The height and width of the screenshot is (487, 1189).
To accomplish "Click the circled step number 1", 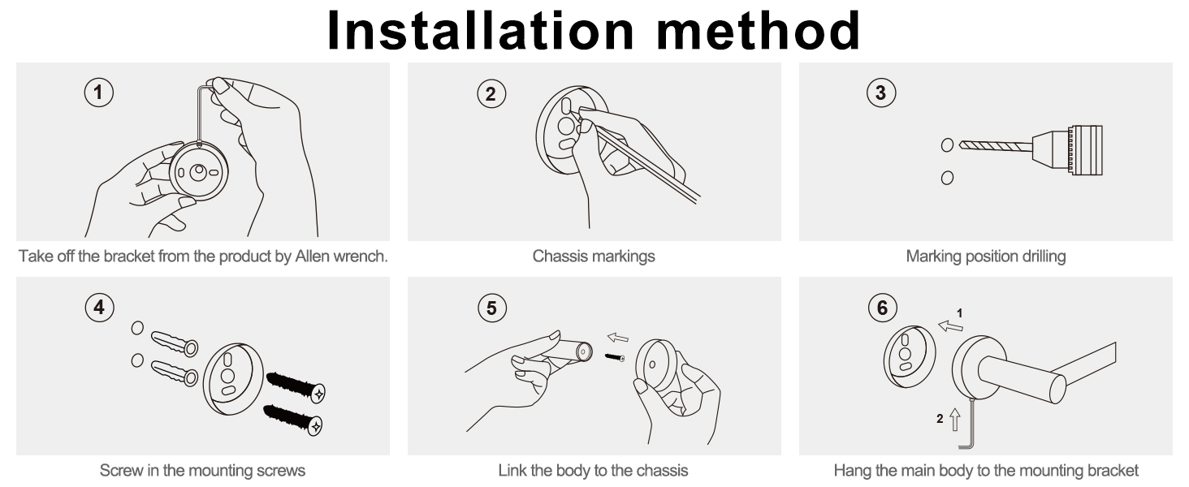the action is [x=99, y=93].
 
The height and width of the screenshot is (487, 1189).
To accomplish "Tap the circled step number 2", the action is [x=491, y=94].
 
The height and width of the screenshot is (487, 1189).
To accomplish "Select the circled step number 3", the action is [x=881, y=93].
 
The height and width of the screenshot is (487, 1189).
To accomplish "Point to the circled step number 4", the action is [x=99, y=307].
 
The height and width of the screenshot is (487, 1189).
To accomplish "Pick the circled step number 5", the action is [x=492, y=308].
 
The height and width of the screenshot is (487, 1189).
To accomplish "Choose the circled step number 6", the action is [x=883, y=307].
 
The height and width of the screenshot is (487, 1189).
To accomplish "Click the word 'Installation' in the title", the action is [x=481, y=30].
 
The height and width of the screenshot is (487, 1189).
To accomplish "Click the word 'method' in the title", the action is [x=758, y=30].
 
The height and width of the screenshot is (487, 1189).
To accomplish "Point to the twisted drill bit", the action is [x=996, y=146].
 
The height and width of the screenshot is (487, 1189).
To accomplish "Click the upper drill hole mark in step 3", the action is [x=947, y=144].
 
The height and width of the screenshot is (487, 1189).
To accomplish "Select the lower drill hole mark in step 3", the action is [x=947, y=178].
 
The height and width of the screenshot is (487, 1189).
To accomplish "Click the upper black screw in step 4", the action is [x=296, y=386].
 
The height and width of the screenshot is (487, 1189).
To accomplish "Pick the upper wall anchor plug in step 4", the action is [x=175, y=343].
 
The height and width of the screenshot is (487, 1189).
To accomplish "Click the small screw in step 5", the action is [x=615, y=358].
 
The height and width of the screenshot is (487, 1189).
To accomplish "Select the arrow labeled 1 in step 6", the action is [x=950, y=325].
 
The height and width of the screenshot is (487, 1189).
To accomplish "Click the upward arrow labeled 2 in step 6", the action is [x=955, y=419].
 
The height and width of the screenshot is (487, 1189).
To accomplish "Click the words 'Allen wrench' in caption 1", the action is [x=341, y=256].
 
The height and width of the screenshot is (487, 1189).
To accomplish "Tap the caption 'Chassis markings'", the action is [x=594, y=256].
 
